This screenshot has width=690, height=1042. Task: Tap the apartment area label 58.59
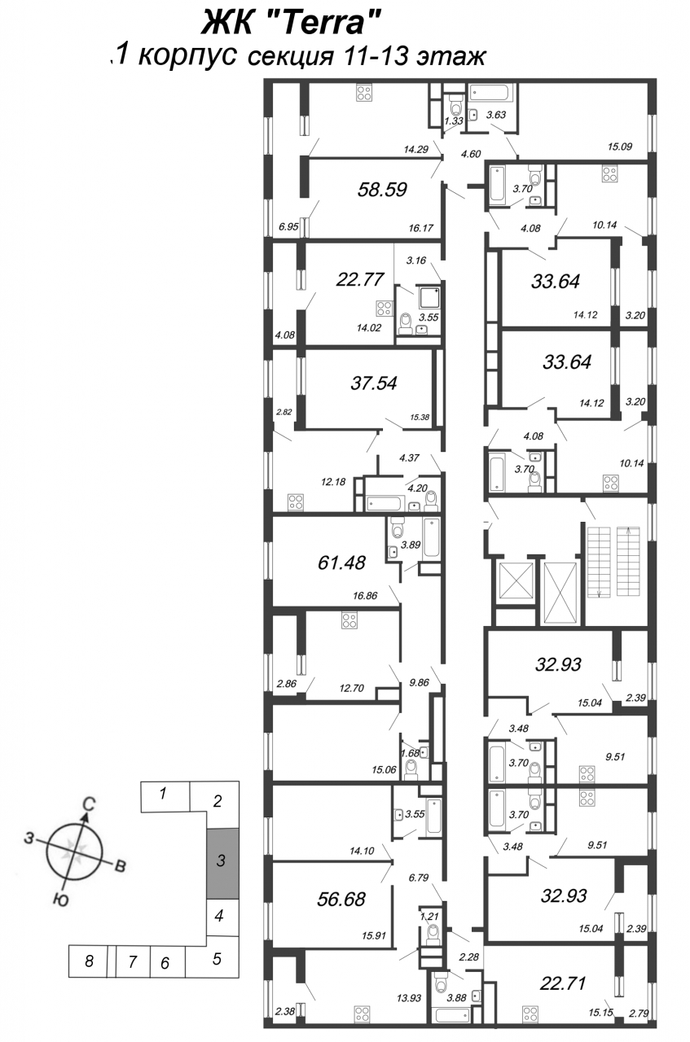pyautogui.click(x=382, y=190)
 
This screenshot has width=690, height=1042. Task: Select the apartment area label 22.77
pyautogui.click(x=360, y=279)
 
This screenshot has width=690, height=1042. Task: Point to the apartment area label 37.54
pyautogui.click(x=374, y=383)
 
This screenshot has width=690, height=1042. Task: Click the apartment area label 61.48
pyautogui.click(x=341, y=563)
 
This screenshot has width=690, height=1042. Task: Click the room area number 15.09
pyautogui.click(x=620, y=147)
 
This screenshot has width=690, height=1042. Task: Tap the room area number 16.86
pyautogui.click(x=365, y=595)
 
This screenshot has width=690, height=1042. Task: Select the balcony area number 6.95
pyautogui.click(x=288, y=227)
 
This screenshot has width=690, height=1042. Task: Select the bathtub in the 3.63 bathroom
pyautogui.click(x=490, y=92)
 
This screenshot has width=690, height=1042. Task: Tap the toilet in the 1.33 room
pyautogui.click(x=455, y=105)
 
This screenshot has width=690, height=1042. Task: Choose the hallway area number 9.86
pyautogui.click(x=419, y=682)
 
